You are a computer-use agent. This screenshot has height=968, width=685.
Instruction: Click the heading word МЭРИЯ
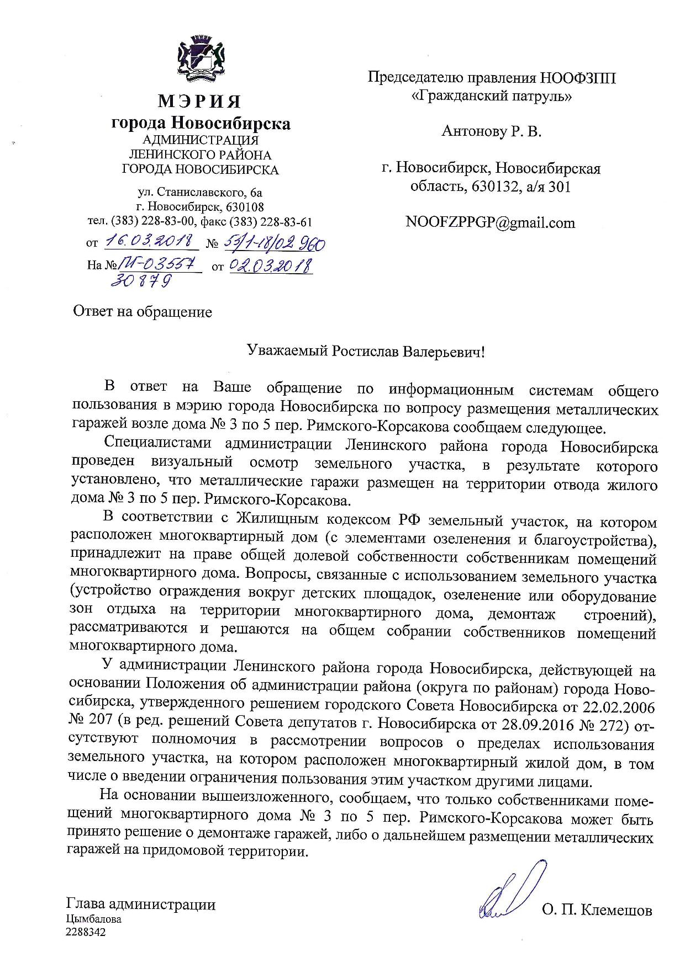200,102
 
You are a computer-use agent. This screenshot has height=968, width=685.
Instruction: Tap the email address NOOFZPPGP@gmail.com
490,222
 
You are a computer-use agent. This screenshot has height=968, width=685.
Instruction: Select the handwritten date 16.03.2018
150,241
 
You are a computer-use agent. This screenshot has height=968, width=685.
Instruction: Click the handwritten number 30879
140,280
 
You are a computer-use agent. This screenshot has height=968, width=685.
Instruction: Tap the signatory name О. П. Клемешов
597,910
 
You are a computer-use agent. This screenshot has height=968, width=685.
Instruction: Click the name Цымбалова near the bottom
93,919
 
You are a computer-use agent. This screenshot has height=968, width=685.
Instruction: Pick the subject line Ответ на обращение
143,312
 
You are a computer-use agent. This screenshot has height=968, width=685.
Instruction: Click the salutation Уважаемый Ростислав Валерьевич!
365,352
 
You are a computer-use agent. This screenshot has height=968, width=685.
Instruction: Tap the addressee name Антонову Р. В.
492,131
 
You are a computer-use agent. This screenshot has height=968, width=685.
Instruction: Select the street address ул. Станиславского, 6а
200,193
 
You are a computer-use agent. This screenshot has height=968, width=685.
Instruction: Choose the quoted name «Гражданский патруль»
492,96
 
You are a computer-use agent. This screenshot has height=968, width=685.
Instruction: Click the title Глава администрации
141,905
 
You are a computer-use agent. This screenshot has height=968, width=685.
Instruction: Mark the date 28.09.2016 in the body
538,724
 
